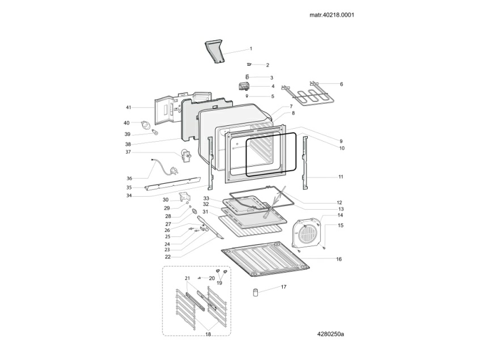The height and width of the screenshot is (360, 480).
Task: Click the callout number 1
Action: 251,49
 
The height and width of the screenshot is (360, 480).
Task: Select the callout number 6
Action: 341,84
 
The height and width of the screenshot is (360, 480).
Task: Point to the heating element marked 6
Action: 311,96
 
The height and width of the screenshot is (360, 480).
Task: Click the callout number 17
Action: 283,287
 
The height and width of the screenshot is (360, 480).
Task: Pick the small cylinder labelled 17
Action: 256,292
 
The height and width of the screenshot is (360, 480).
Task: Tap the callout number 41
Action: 128,107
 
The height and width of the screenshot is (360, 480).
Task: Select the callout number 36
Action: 129,178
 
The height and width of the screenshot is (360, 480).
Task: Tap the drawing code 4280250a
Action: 330,333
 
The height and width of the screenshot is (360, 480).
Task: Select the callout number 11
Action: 341,177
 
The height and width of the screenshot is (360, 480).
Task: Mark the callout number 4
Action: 273,86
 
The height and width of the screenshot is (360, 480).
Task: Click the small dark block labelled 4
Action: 244,86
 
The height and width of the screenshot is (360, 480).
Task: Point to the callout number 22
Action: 168,256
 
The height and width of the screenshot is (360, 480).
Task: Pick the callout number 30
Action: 165,200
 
